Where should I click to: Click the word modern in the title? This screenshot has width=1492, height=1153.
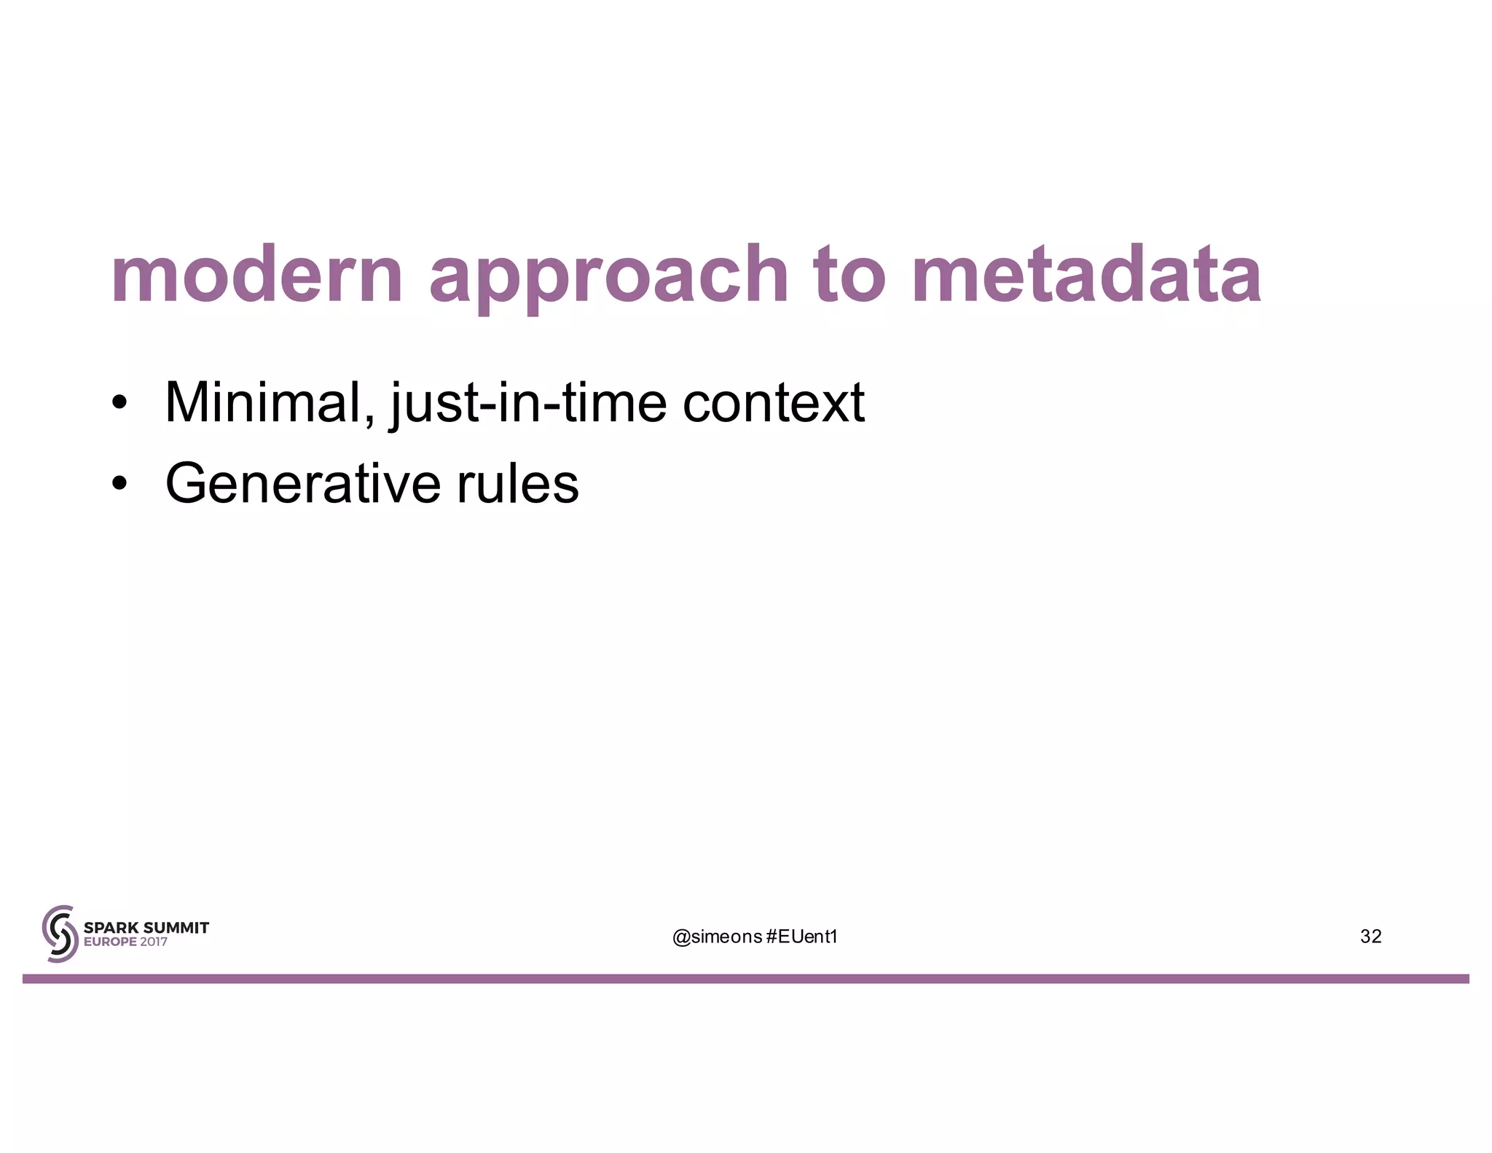[x=256, y=275]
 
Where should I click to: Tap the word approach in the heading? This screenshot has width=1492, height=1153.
[x=608, y=277]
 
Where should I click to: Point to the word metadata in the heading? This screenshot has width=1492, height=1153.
[x=1085, y=275]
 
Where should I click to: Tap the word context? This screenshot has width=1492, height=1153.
[x=773, y=402]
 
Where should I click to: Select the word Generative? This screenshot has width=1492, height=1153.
[x=302, y=483]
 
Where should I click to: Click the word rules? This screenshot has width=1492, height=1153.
[x=517, y=483]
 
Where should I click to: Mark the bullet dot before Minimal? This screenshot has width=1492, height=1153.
[x=119, y=404]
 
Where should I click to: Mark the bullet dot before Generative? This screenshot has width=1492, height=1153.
[x=119, y=485]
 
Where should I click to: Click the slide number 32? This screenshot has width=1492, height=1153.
[x=1370, y=937]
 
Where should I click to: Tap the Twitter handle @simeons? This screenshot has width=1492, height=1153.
[x=716, y=937]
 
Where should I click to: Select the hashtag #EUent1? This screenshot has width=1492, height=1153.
[x=802, y=937]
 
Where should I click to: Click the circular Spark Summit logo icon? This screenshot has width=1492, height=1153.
[x=60, y=934]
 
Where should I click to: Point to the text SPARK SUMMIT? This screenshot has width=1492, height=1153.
[x=146, y=928]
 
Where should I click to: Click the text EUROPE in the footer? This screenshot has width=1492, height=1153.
[x=110, y=942]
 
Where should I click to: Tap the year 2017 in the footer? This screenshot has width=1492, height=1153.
[x=153, y=942]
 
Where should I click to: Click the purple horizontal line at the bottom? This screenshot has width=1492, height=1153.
[x=746, y=979]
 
